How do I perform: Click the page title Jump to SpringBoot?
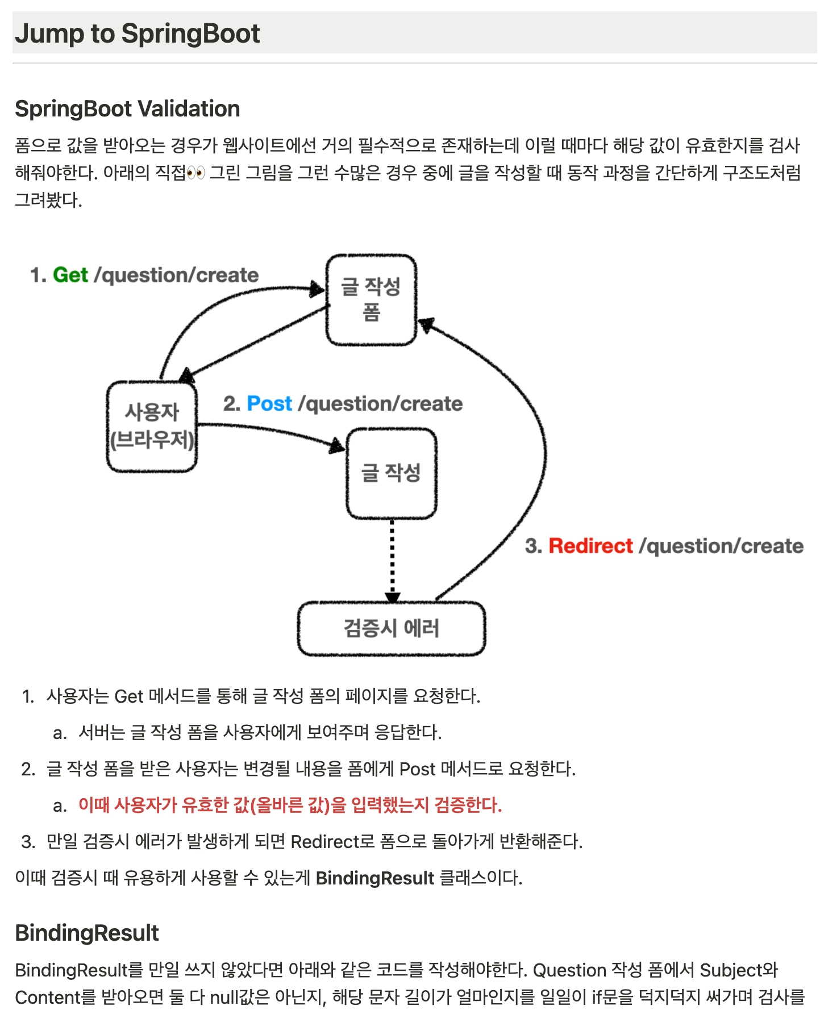pos(137,34)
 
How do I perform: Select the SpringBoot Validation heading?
pos(127,109)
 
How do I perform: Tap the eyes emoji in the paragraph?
pos(195,173)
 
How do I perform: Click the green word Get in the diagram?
pos(70,275)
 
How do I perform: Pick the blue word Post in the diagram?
pos(269,403)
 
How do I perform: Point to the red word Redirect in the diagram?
pos(590,546)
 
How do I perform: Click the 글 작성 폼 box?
pos(371,300)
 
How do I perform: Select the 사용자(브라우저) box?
pos(152,426)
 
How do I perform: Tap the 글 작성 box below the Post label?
pos(392,473)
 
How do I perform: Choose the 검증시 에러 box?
pos(392,629)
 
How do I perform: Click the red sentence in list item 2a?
pos(290,805)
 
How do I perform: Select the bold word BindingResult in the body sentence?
pos(374,878)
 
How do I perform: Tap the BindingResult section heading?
pos(87,933)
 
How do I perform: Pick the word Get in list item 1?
pos(128,696)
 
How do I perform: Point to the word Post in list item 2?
pos(417,769)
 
